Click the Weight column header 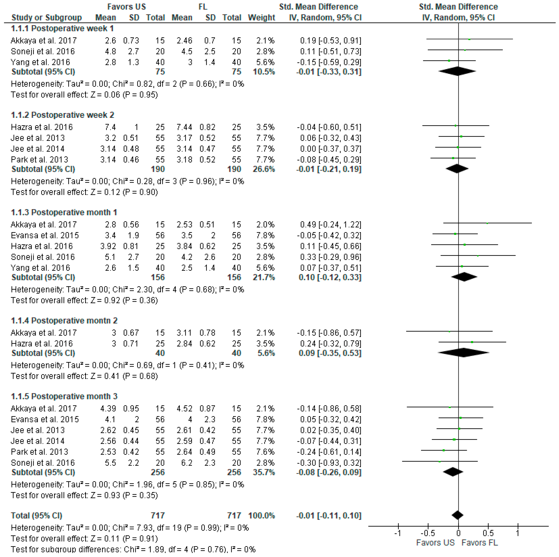261,18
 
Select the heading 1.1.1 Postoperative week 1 62,28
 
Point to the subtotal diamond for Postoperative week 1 457,71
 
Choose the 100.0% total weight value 261,516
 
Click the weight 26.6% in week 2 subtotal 264,169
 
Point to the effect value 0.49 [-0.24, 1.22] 330,225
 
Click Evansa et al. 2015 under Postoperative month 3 45,419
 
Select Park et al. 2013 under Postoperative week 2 39,160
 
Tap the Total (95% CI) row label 36,516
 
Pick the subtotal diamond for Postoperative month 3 453,472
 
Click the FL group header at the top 203,7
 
